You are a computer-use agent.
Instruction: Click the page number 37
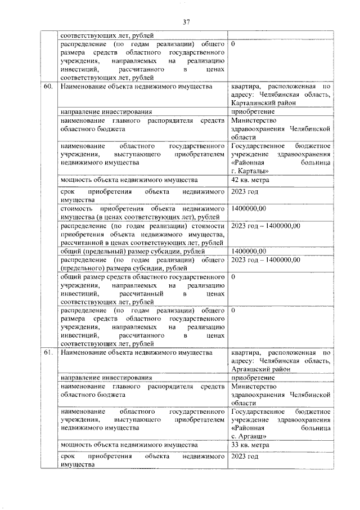(x=186, y=22)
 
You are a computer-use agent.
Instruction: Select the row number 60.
(x=48, y=87)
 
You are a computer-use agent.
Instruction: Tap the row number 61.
(x=48, y=352)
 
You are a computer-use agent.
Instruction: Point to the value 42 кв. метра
(x=250, y=180)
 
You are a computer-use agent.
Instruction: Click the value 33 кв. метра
(x=250, y=445)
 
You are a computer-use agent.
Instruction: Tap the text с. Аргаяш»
(x=249, y=436)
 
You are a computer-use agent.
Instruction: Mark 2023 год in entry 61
(x=245, y=457)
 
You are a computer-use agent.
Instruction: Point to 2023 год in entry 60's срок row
(x=245, y=191)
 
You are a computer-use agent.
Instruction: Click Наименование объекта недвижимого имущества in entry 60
(x=137, y=87)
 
